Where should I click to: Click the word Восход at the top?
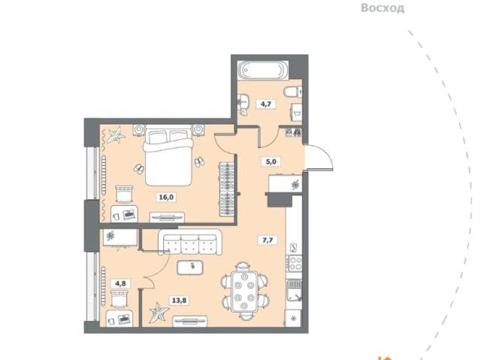tap(383, 8)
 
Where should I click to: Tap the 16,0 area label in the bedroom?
tap(166, 197)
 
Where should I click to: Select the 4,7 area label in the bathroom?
tap(265, 104)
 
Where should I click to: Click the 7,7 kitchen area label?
tap(268, 240)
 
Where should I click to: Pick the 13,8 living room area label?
tap(179, 300)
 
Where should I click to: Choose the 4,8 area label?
tap(120, 283)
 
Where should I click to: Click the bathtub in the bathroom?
tap(263, 70)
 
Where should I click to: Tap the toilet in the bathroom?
tap(293, 92)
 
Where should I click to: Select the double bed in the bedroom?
tap(168, 155)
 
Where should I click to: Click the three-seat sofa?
tap(190, 242)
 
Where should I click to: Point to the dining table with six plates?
tap(244, 292)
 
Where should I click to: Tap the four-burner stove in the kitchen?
tap(295, 264)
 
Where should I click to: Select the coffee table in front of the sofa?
tap(190, 268)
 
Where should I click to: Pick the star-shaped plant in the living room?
tap(159, 313)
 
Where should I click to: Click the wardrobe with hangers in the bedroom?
tap(227, 189)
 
